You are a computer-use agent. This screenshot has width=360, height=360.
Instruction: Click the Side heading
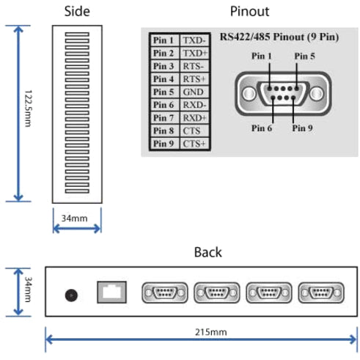tap(76, 11)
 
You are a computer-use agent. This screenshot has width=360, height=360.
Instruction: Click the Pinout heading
tap(249, 11)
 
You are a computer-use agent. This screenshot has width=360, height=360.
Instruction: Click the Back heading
tap(207, 252)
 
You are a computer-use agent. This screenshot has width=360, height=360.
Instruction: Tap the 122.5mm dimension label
tap(28, 114)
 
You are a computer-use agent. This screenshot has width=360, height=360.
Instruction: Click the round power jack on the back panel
tap(71, 295)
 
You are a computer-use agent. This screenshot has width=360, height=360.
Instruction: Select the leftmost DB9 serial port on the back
tap(162, 293)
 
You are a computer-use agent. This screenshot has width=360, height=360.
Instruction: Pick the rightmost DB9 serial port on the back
tap(320, 293)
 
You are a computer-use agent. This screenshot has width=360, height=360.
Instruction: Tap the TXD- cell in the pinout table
tap(194, 41)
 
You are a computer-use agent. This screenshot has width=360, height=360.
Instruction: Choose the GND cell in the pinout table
tap(194, 92)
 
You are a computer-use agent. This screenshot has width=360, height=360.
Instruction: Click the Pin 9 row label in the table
tap(164, 144)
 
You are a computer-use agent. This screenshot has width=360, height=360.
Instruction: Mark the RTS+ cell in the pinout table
tap(194, 79)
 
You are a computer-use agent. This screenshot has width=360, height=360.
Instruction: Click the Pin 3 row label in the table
tap(164, 67)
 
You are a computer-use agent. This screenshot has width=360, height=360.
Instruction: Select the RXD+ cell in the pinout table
tap(194, 118)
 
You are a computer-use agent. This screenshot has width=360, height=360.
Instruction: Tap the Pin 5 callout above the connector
tap(306, 55)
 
